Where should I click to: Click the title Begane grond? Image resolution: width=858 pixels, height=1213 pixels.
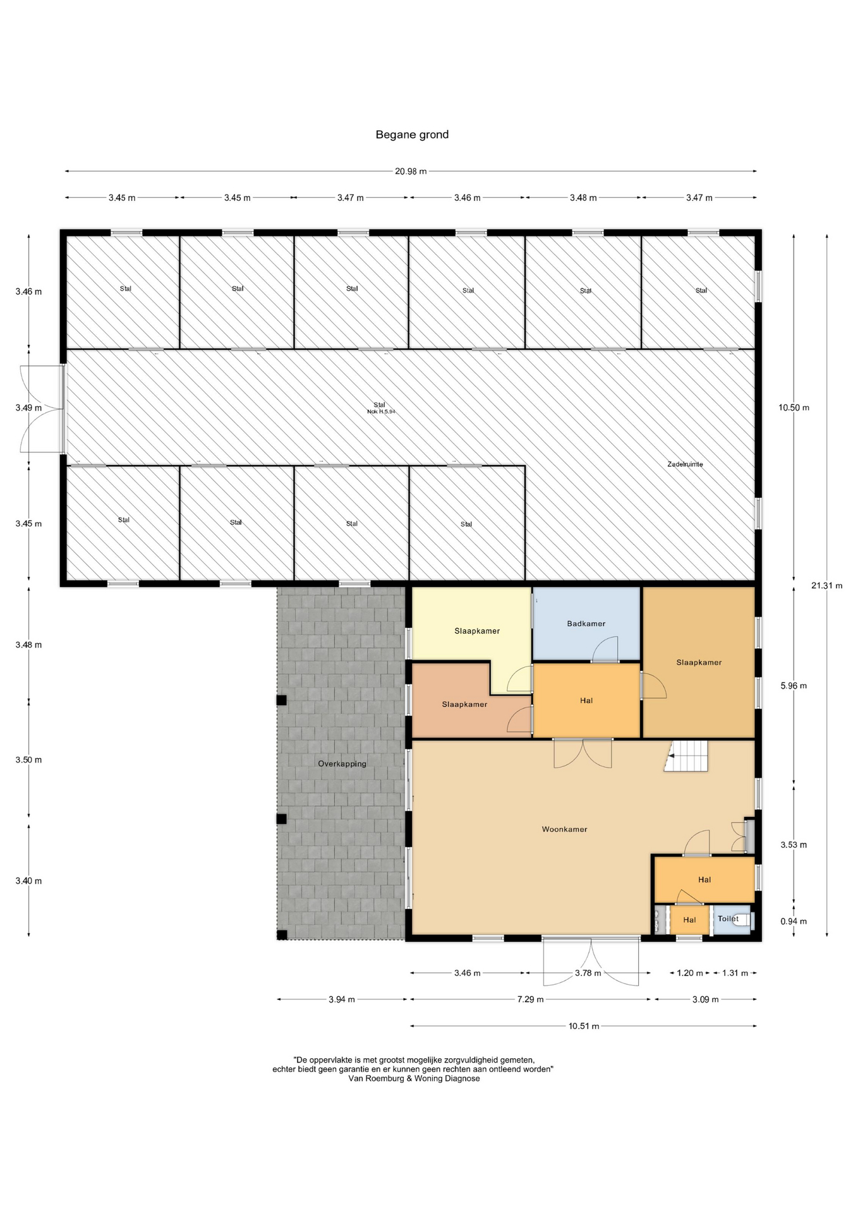tap(412, 135)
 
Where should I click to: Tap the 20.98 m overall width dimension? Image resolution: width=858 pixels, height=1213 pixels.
tap(411, 171)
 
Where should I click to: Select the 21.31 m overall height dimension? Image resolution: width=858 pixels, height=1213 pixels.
tap(827, 586)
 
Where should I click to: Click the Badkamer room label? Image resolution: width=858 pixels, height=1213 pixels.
tap(586, 624)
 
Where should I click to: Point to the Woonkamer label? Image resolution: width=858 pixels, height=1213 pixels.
tap(564, 830)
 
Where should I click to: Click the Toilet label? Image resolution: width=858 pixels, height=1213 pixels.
tap(728, 919)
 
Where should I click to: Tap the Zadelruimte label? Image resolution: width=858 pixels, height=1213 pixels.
tap(685, 464)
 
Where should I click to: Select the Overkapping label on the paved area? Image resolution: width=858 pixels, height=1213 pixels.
tap(342, 764)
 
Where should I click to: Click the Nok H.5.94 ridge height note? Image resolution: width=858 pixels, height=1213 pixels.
tap(381, 412)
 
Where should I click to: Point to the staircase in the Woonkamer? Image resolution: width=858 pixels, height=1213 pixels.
tap(687, 756)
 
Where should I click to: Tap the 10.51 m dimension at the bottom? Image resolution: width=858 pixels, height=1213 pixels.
tap(584, 1026)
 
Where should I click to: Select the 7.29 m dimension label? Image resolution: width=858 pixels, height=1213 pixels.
tap(531, 999)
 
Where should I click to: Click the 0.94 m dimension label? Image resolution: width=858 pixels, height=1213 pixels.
tap(794, 921)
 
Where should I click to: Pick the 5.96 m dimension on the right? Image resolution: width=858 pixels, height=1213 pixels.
tap(794, 685)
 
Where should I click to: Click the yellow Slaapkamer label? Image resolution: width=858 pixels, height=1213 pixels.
tap(477, 631)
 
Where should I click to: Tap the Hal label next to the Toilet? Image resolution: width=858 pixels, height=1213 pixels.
tap(689, 920)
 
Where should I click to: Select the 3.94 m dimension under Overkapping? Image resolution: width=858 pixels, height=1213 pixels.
tap(342, 999)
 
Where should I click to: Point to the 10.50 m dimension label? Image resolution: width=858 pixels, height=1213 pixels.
tap(794, 407)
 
